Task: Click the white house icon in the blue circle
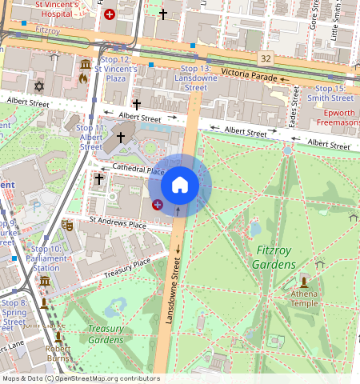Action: point(180,185)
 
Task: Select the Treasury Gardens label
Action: point(106,334)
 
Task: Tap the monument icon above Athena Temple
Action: point(304,281)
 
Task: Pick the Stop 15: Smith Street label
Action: point(330,93)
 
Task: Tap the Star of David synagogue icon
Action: point(38,86)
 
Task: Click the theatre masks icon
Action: point(68,225)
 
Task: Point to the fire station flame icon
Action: point(83,78)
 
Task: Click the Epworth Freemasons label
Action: point(338,118)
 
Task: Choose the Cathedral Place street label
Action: point(138,170)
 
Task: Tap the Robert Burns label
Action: point(58,353)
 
